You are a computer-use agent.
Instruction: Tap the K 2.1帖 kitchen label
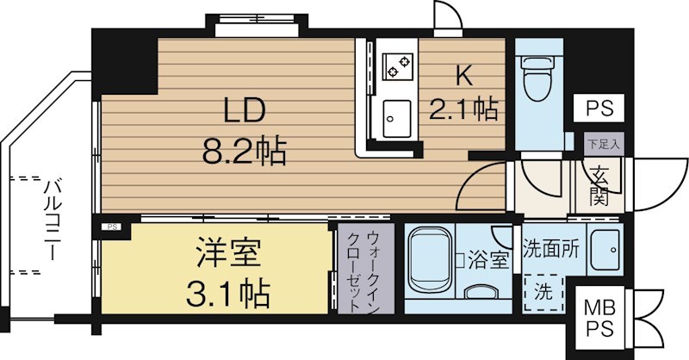[x=463, y=94]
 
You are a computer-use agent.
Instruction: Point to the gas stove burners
[x=398, y=64]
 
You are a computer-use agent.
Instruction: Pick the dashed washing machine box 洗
[x=543, y=291]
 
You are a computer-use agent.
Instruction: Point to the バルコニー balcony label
[x=50, y=220]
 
